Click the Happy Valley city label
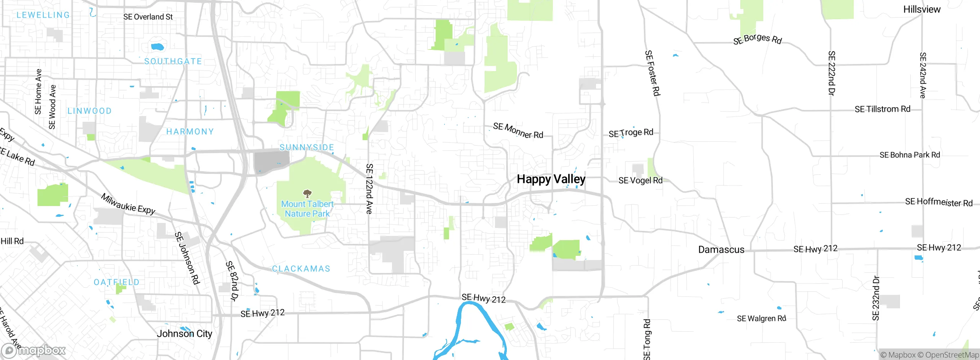coord(551,179)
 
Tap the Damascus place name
coord(721,250)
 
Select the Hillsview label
coord(921,10)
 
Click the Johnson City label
coord(184,334)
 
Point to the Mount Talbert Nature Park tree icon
coord(307,193)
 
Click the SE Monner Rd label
coord(518,131)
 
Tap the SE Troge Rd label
coord(631,133)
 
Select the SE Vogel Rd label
coord(640,180)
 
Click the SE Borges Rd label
coord(757,39)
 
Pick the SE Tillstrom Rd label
coord(882,109)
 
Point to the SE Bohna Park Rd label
coord(910,155)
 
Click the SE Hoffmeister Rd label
coord(939,202)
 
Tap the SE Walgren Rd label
coord(761,319)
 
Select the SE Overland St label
coord(148,17)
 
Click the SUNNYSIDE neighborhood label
coord(307,147)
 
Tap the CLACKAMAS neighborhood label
coord(301,269)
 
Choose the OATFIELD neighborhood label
coord(116,282)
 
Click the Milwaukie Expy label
coord(128,204)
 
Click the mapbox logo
coord(33,350)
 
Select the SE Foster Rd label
coord(652,73)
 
